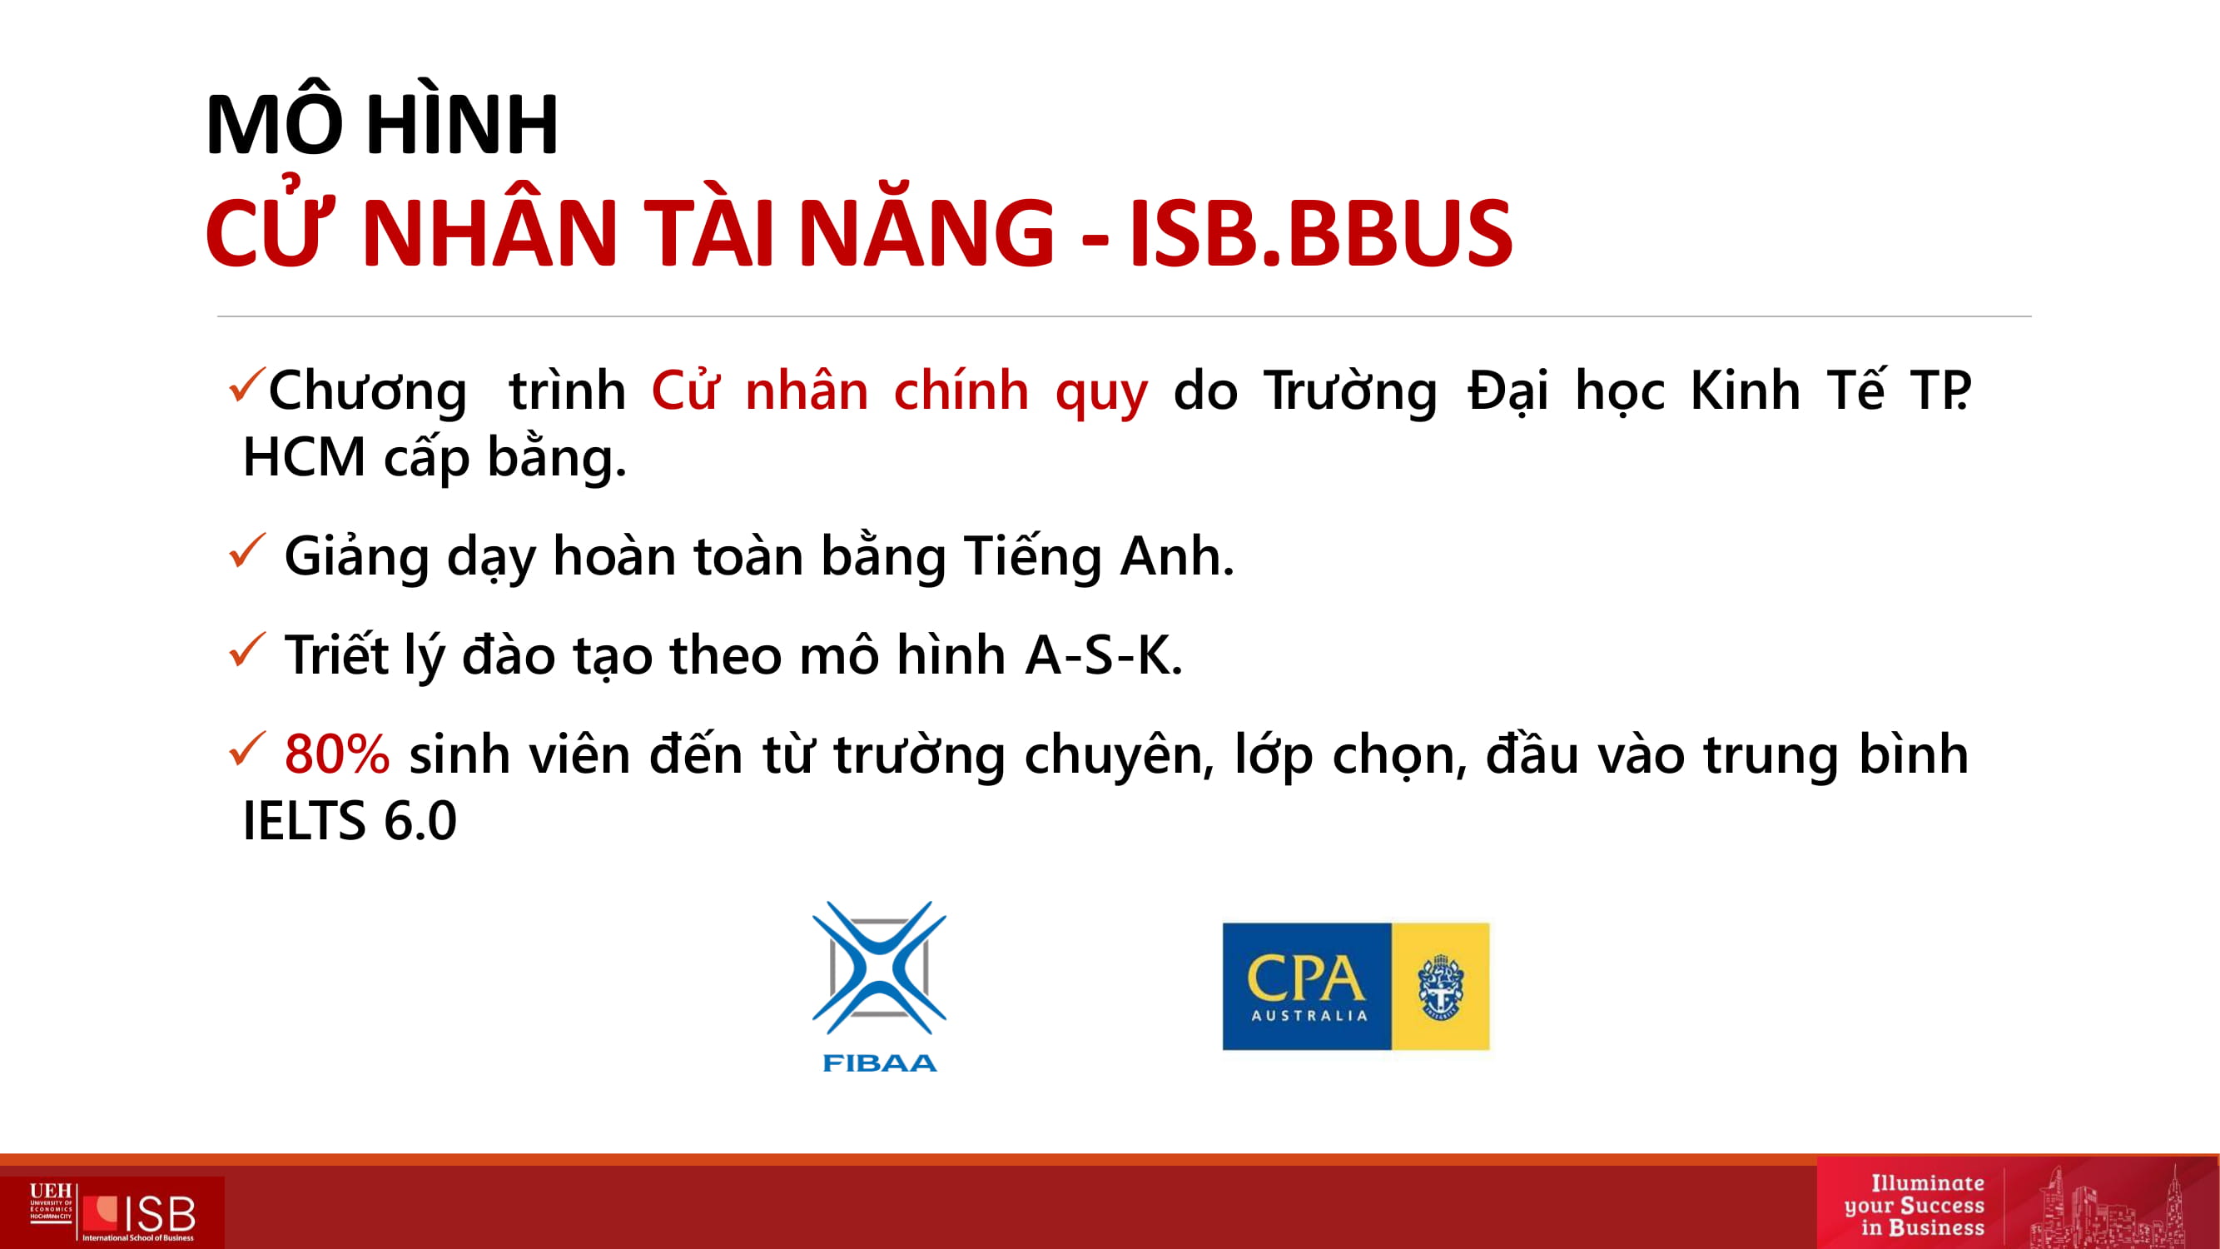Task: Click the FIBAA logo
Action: (x=879, y=986)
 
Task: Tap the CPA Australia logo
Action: (x=1356, y=986)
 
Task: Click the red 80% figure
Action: (x=337, y=754)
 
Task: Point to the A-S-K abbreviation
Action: (x=1104, y=655)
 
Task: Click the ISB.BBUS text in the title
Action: (x=1320, y=233)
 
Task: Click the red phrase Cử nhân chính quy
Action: (x=900, y=391)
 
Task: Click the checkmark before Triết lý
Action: (x=247, y=650)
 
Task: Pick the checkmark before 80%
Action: (x=247, y=749)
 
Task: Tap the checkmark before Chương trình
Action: (x=247, y=386)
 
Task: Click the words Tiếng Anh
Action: (x=1099, y=556)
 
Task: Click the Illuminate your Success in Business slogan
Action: (x=1914, y=1205)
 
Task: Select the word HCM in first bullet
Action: (x=304, y=457)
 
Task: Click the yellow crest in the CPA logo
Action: (x=1441, y=987)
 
